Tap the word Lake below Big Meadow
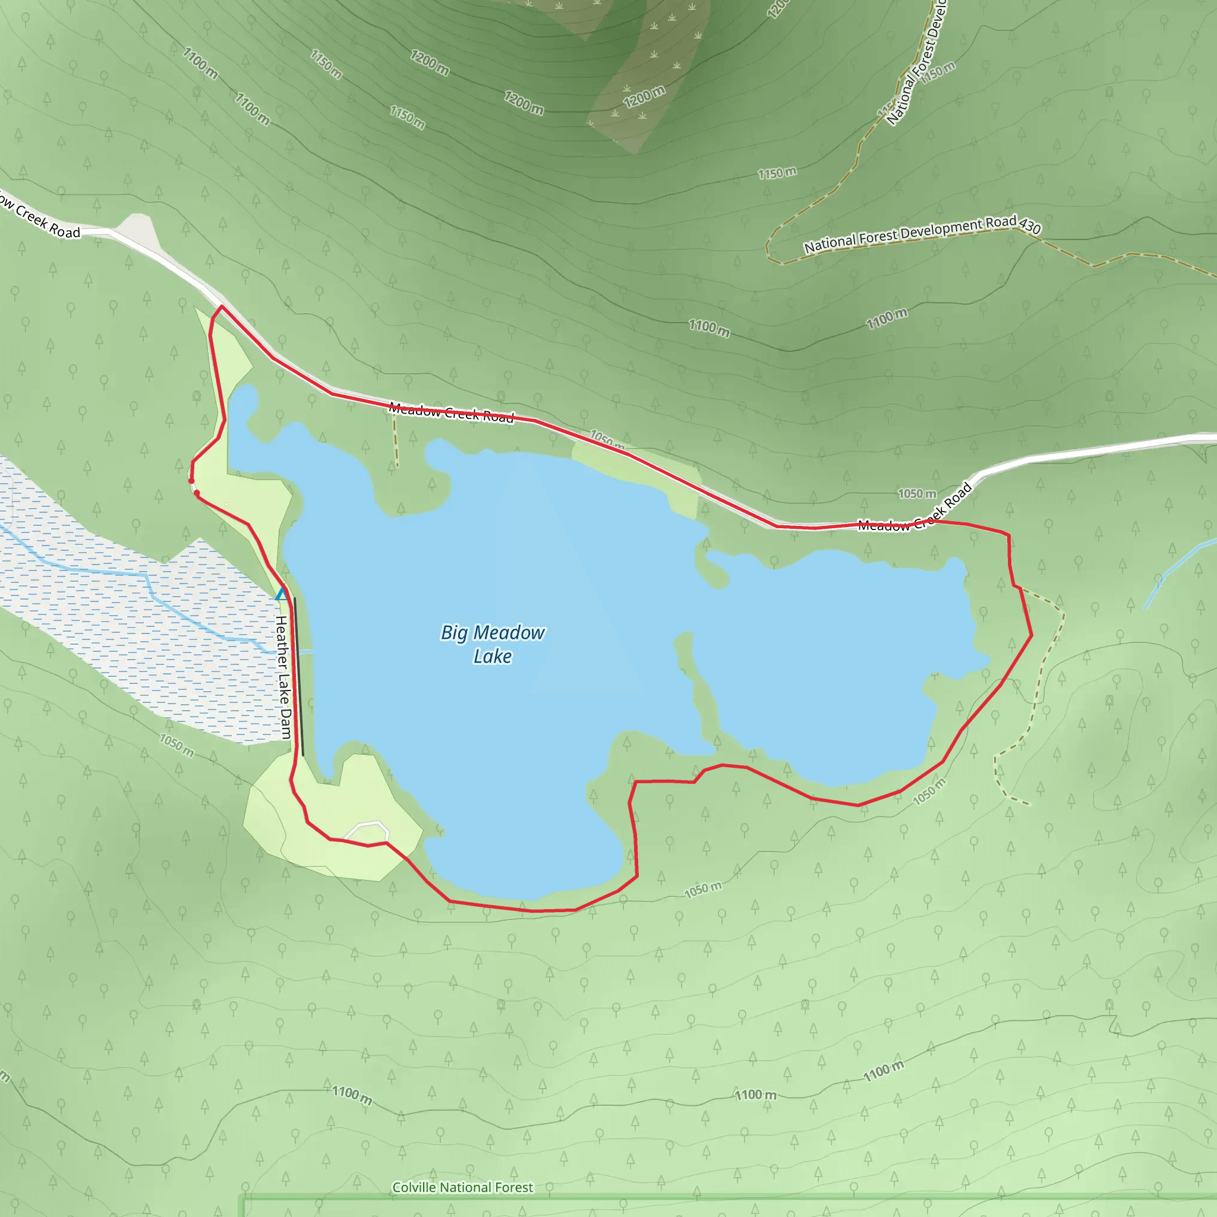(493, 657)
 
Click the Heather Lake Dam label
(283, 677)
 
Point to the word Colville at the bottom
(414, 1187)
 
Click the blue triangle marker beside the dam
(282, 594)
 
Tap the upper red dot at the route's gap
(191, 481)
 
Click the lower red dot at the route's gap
(197, 493)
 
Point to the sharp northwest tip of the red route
(221, 307)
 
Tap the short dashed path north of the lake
(396, 441)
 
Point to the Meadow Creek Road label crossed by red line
(451, 412)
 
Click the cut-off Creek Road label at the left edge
(41, 219)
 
